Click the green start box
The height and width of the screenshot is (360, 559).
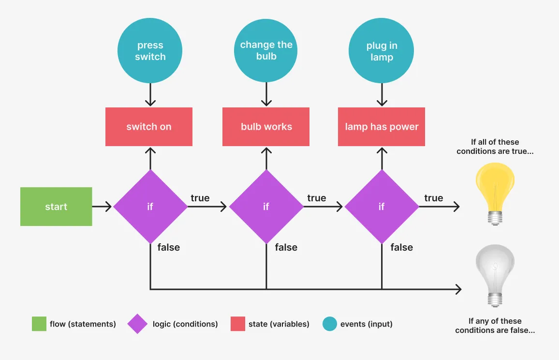[x=56, y=207]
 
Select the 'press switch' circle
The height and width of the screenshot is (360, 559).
[x=150, y=51]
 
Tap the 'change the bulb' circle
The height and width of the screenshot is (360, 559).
[x=266, y=50]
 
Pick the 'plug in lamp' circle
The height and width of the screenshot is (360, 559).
[x=382, y=51]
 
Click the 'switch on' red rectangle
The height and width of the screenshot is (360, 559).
[x=149, y=127]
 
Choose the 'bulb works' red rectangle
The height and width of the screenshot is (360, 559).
[x=266, y=127]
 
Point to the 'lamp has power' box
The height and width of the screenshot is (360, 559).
[x=382, y=127]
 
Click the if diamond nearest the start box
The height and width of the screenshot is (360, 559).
[x=150, y=207]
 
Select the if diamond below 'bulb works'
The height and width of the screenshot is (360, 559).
[x=266, y=207]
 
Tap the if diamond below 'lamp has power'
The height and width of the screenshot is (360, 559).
[x=382, y=207]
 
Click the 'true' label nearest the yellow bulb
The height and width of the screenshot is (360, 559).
[x=433, y=198]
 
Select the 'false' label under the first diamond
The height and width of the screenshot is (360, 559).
[x=168, y=247]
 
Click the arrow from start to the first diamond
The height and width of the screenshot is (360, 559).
[x=102, y=207]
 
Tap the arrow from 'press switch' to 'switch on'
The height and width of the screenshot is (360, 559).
[x=150, y=94]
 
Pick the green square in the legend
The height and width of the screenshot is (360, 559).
[x=39, y=324]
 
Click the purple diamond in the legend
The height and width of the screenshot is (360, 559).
[x=138, y=324]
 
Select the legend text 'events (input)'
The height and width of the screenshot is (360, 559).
[x=366, y=324]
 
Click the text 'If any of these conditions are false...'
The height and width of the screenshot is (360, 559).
[x=495, y=326]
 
